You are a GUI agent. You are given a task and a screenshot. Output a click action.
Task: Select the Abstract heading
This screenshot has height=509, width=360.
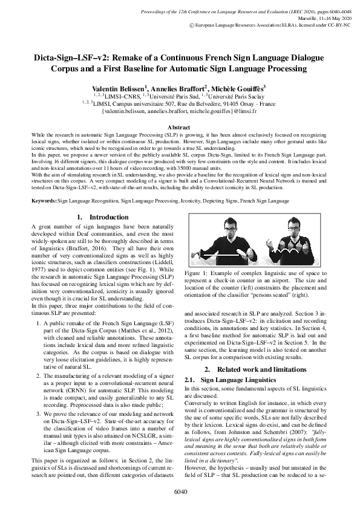pyautogui.click(x=180, y=128)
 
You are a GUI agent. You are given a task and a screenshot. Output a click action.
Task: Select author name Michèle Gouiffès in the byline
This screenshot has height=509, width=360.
pyautogui.click(x=240, y=88)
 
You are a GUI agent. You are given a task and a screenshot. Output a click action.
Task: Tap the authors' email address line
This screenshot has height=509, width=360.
pyautogui.click(x=180, y=112)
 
